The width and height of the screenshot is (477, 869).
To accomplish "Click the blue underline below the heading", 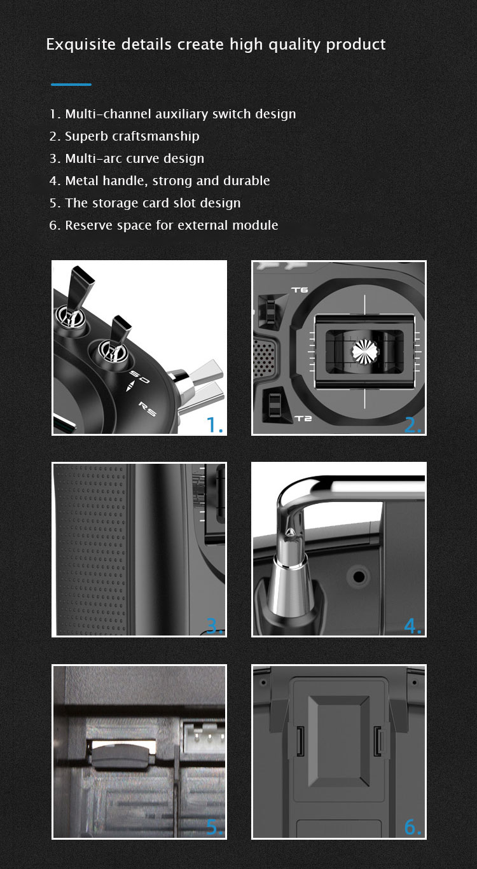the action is pos(71,84).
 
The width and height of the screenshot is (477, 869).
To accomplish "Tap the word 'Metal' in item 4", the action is pos(82,181).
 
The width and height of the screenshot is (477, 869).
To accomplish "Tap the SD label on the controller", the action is pos(140,377).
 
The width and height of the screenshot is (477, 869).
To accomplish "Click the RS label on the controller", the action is pos(148,409).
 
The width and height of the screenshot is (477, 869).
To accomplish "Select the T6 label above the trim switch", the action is pos(300,290).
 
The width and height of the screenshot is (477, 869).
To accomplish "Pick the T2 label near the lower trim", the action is pos(303,418).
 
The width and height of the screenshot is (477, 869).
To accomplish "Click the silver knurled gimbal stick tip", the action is pos(365,351).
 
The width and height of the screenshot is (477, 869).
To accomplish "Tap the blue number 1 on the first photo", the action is pos(214,424).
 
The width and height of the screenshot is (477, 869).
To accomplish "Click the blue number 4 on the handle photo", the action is pos(413,625).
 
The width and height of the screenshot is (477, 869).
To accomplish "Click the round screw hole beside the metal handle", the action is pos(359,576).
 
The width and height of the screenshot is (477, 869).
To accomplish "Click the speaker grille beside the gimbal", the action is pos(264,358).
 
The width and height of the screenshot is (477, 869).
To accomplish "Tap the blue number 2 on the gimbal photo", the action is pos(413,425).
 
